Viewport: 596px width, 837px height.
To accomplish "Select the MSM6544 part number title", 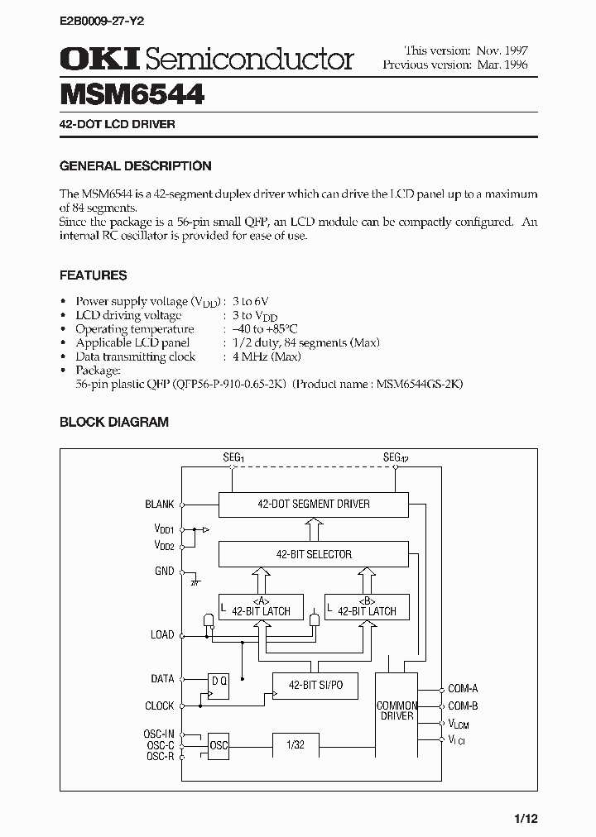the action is [x=132, y=94].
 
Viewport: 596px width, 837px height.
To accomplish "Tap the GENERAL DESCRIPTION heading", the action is [x=135, y=165].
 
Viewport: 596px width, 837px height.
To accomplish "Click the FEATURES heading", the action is [x=93, y=275].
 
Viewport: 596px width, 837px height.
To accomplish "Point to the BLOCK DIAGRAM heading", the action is [x=113, y=422].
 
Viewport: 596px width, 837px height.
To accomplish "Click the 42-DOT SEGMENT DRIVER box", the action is [x=313, y=504].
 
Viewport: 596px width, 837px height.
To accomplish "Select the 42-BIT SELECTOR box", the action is [x=313, y=554].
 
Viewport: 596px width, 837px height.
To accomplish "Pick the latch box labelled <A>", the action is [x=260, y=607].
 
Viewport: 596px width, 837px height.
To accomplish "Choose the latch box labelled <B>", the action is [x=366, y=607].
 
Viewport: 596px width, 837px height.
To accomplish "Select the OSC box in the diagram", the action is [x=219, y=744].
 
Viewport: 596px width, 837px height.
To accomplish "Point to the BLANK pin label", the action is [x=159, y=504].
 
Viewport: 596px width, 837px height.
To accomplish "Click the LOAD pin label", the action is [x=161, y=634].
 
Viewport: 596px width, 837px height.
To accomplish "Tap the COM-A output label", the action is [x=463, y=688].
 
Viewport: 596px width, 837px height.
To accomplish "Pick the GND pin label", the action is [x=164, y=571].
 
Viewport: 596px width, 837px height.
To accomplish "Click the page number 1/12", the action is [x=525, y=818].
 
